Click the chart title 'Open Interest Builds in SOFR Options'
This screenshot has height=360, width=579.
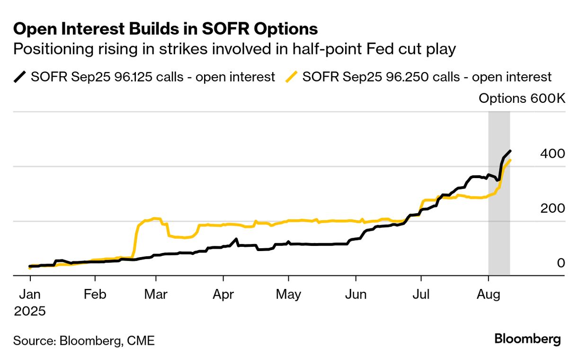165,29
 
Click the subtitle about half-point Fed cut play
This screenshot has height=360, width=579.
234,49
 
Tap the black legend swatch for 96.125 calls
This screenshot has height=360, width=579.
20,77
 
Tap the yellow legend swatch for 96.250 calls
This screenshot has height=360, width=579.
292,77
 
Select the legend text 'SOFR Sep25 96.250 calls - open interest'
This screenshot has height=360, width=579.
427,77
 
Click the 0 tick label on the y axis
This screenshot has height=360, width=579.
561,262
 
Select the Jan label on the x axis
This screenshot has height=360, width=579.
30,294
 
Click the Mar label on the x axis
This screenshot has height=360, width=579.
156,294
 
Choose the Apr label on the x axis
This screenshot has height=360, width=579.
223,294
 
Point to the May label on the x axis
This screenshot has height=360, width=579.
288,294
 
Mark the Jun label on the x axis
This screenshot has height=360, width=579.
355,294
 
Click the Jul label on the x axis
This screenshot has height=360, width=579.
421,294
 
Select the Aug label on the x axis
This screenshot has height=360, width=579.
489,294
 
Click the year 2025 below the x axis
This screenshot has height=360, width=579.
30,311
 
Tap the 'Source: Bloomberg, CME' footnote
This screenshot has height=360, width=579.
84,340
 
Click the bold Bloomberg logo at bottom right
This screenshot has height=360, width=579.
527,339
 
